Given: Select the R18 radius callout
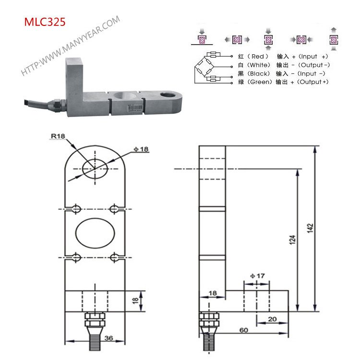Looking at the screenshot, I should tap(58, 136).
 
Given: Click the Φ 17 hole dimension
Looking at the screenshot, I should tap(257, 276).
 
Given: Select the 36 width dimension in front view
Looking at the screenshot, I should tap(108, 338).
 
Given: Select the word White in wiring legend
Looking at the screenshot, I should tap(258, 65).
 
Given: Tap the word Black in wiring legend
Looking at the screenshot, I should tap(258, 73).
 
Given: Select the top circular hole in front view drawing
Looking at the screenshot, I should tap(95, 168).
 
